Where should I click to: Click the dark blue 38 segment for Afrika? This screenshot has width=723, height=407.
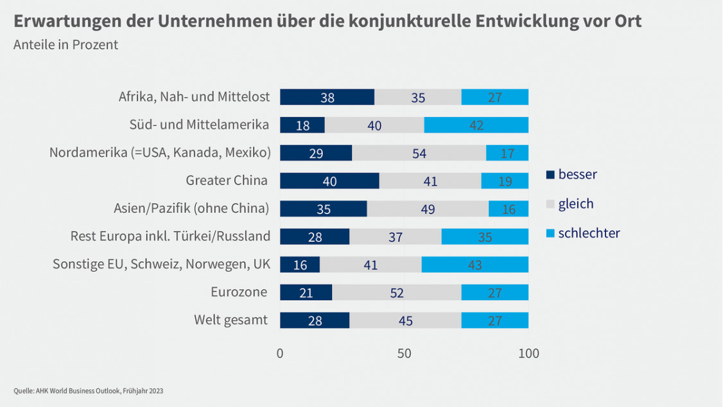327,97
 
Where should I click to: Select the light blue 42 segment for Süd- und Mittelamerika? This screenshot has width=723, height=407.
476,125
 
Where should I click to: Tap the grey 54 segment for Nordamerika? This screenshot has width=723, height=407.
419,153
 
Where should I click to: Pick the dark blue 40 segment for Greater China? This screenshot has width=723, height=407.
329,181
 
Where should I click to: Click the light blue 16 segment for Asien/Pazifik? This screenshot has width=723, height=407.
509,209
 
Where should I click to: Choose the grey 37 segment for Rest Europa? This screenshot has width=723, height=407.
395,237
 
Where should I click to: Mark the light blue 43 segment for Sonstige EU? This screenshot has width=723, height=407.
475,264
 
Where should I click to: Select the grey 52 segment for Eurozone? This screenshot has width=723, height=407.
397,293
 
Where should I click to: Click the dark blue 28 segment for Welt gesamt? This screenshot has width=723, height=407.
315,320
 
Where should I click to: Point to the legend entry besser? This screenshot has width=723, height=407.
577,174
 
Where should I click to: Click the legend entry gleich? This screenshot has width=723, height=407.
575,204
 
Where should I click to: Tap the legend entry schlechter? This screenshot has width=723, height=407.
588,233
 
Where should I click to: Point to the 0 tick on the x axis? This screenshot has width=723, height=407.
280,354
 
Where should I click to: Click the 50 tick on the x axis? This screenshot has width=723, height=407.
404,354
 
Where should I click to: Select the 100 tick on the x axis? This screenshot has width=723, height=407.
528,354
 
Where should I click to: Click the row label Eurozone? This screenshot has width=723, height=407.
239,292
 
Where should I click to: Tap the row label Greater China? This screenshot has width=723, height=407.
226,180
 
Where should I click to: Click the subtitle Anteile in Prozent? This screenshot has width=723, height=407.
65,45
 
